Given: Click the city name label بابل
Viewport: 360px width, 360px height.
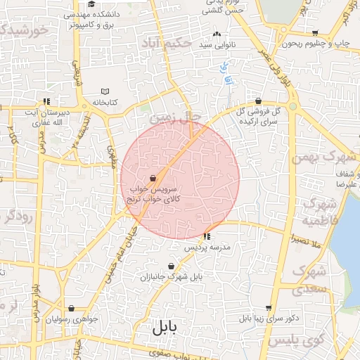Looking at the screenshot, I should point(165,328).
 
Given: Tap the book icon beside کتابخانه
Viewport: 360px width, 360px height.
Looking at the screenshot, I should point(105,91).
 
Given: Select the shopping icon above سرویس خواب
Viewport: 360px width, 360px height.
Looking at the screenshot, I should point(153,179).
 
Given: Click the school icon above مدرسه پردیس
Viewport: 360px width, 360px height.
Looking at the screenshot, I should point(206,236).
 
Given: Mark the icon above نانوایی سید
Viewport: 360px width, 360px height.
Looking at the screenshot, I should point(217,34).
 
